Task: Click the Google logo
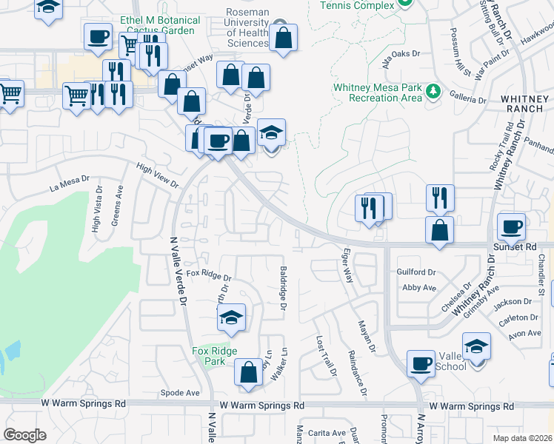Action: [x=25, y=434]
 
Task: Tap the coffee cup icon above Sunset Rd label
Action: [x=511, y=226]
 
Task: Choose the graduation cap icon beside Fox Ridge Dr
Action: [x=231, y=317]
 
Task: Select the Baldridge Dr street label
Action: [x=282, y=289]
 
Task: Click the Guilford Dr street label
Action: [x=416, y=272]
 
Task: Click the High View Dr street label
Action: [x=158, y=175]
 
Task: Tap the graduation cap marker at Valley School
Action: [x=476, y=346]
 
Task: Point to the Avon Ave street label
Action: [x=525, y=333]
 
